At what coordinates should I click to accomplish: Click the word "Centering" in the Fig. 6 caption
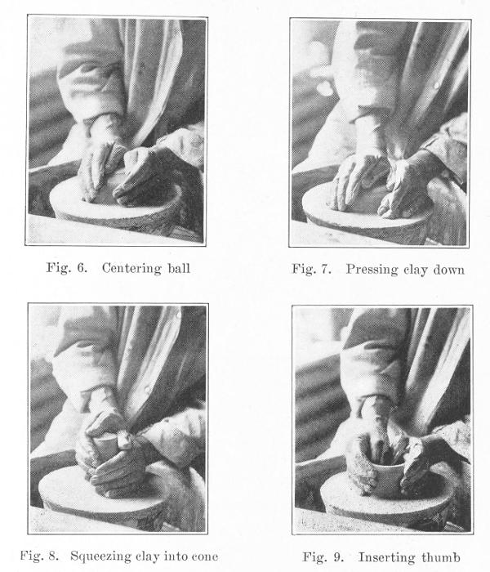pos(131,269)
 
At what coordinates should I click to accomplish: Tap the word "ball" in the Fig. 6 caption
pos(179,268)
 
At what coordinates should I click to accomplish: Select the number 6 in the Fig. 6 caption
pos(82,268)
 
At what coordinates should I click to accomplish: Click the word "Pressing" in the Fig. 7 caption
pos(372,270)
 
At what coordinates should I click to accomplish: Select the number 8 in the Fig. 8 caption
pos(53,556)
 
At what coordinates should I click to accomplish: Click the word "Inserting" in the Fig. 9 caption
pos(387,557)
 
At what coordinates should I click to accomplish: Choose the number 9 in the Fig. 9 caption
pos(338,557)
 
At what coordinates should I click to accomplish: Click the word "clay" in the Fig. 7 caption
pos(415,270)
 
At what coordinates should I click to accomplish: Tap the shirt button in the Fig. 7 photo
pos(436,86)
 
